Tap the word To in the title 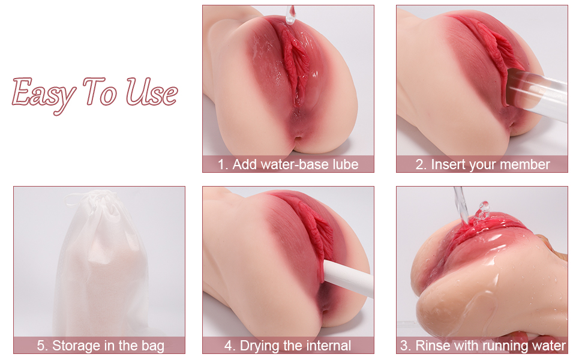(x=100, y=91)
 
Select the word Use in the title (x=151, y=91)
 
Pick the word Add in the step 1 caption (x=244, y=164)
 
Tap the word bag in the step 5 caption (x=153, y=346)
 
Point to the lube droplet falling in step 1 (x=290, y=15)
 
